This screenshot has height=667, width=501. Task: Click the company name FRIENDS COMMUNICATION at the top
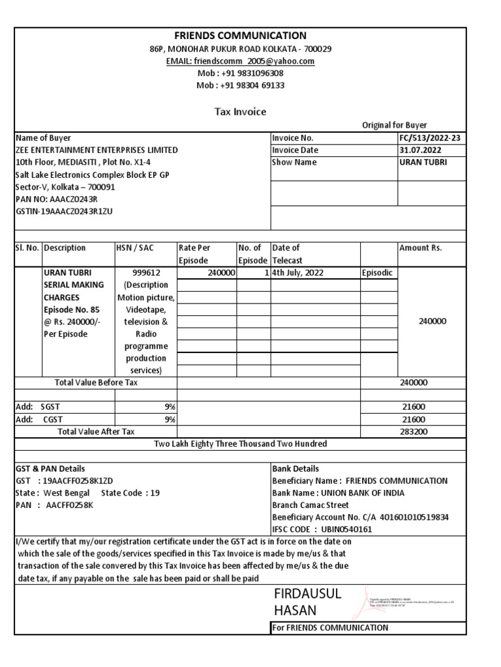[x=240, y=35]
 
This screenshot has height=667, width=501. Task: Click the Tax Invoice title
[x=240, y=112]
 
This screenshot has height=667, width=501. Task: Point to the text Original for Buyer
[x=395, y=125]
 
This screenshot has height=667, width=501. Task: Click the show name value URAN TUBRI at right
[x=423, y=162]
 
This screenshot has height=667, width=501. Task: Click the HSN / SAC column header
[x=136, y=248]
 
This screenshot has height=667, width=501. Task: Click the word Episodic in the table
[x=378, y=273]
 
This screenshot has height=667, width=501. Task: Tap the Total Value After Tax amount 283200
[x=414, y=431]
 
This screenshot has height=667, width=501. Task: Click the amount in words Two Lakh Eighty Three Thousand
[x=240, y=444]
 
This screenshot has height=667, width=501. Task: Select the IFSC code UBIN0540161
[x=343, y=530]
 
